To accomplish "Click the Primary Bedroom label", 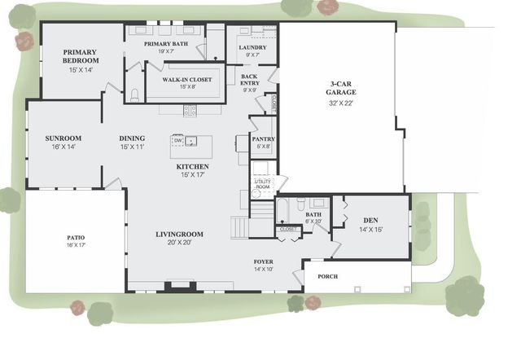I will [81, 56].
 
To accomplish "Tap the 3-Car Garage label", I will [341, 89].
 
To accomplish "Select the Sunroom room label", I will [63, 138].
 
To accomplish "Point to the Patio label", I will [76, 238].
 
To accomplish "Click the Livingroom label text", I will [179, 235].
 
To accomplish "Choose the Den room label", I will [370, 220].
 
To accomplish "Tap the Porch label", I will [327, 276].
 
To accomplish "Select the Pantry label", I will [262, 139].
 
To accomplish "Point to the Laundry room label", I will [252, 47].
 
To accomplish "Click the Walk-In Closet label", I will [186, 79].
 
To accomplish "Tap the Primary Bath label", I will [165, 43].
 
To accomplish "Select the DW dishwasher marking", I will [177, 141].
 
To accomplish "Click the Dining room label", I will [132, 138].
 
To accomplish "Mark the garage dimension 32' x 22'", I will [341, 103].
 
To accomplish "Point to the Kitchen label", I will [192, 166].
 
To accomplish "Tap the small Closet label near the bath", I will [288, 230].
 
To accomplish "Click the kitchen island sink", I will [191, 141].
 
